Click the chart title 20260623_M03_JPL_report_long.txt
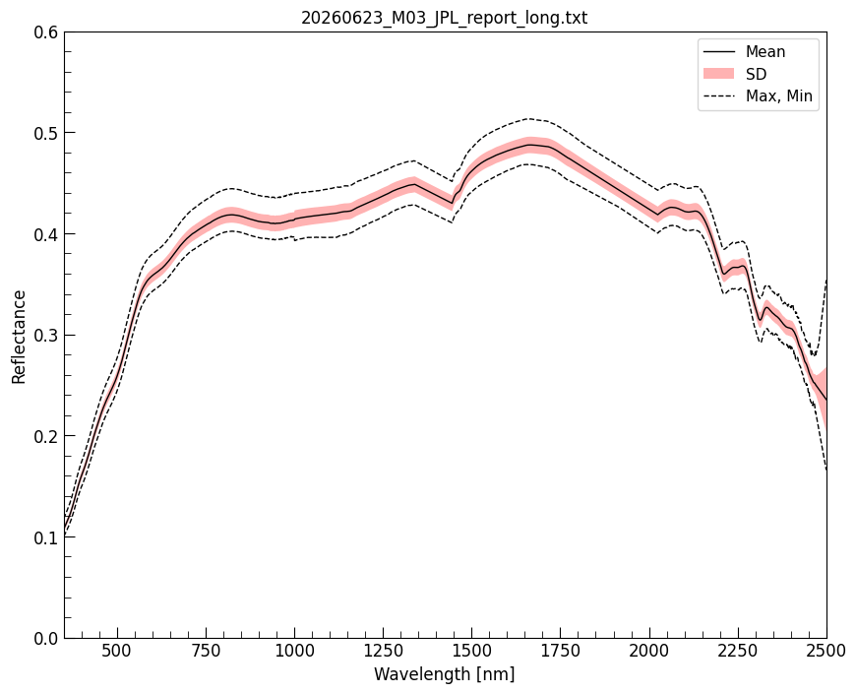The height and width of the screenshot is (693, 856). [445, 18]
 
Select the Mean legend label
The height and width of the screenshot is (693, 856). [765, 52]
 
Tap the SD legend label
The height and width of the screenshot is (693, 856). [756, 74]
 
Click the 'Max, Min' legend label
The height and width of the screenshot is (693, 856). [779, 96]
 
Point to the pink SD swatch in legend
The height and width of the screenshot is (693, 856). [718, 74]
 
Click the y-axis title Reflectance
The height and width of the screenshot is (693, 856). [19, 337]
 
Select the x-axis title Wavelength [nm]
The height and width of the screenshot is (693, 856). [445, 674]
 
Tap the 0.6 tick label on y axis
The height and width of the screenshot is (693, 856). [46, 32]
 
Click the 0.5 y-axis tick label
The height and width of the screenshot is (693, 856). [46, 133]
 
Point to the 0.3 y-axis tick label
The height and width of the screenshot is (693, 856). [46, 336]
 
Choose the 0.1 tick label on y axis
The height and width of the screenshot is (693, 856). [46, 537]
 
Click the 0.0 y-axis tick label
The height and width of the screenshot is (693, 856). [46, 639]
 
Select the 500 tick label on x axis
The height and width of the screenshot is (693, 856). [118, 651]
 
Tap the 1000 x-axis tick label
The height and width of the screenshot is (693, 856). [295, 651]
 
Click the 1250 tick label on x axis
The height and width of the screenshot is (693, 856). [384, 651]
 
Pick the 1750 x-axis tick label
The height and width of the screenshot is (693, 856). [561, 651]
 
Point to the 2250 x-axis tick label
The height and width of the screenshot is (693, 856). [738, 651]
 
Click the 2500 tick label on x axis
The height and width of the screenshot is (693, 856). [825, 651]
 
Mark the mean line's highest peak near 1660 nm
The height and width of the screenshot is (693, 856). [529, 145]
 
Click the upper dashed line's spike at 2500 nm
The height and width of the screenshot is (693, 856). [825, 280]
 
